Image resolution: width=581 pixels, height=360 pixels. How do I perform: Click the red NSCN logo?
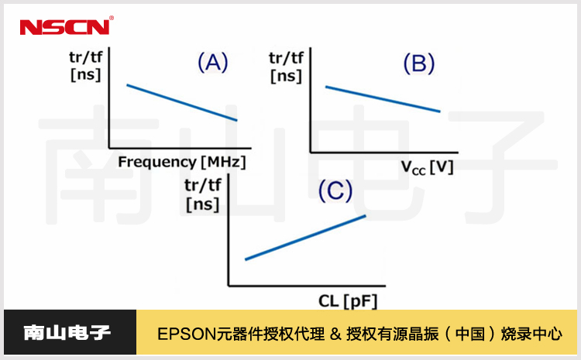[65, 27]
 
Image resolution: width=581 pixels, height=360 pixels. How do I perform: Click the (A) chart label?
[212, 63]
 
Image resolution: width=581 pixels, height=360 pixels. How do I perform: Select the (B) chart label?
[418, 64]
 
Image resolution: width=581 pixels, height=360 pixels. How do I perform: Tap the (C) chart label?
[336, 191]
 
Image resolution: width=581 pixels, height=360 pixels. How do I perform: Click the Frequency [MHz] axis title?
[181, 162]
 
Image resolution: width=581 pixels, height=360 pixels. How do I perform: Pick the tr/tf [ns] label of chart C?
[202, 195]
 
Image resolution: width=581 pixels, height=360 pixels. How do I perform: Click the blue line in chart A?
[182, 101]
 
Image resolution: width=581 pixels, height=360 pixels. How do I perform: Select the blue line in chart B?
[383, 99]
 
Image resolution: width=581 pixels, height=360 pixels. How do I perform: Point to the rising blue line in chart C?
[305, 237]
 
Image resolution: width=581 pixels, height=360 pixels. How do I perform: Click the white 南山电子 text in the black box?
[68, 334]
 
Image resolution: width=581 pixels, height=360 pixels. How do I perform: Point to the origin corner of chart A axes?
[109, 147]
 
